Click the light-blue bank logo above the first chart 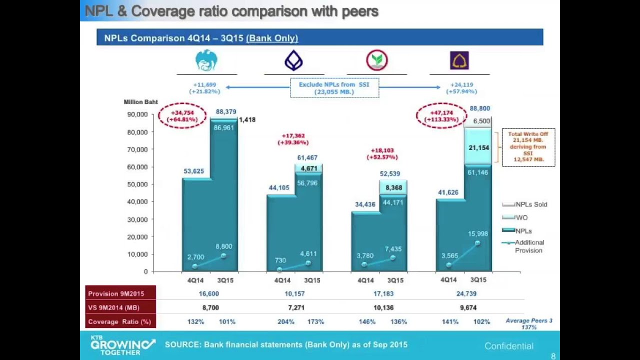pyautogui.click(x=206, y=61)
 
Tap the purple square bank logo pyautogui.click(x=459, y=61)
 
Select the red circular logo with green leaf pyautogui.click(x=376, y=61)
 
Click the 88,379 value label pyautogui.click(x=226, y=111)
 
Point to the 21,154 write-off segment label pyautogui.click(x=478, y=147)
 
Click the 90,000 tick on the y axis pyautogui.click(x=137, y=114)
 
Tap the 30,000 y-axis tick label pyautogui.click(x=137, y=219)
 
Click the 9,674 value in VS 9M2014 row pyautogui.click(x=468, y=307)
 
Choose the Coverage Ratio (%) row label pyautogui.click(x=119, y=321)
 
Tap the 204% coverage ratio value pyautogui.click(x=285, y=321)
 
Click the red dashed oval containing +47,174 pyautogui.click(x=441, y=116)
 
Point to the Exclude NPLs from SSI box pyautogui.click(x=334, y=88)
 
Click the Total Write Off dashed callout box pyautogui.click(x=528, y=147)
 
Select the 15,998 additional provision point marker pyautogui.click(x=477, y=243)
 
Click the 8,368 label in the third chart pyautogui.click(x=393, y=187)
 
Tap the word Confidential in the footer pyautogui.click(x=508, y=346)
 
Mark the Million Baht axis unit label pyautogui.click(x=140, y=102)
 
